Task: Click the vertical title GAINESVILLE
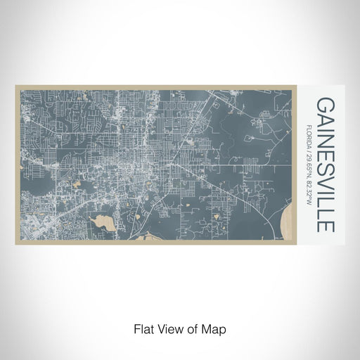click(x=326, y=165)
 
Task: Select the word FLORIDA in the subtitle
click(x=309, y=135)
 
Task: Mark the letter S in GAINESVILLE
click(x=326, y=172)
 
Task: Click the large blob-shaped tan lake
click(x=104, y=224)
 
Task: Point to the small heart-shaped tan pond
click(x=77, y=166)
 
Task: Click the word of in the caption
click(x=193, y=328)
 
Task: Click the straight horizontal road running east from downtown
click(x=232, y=148)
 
